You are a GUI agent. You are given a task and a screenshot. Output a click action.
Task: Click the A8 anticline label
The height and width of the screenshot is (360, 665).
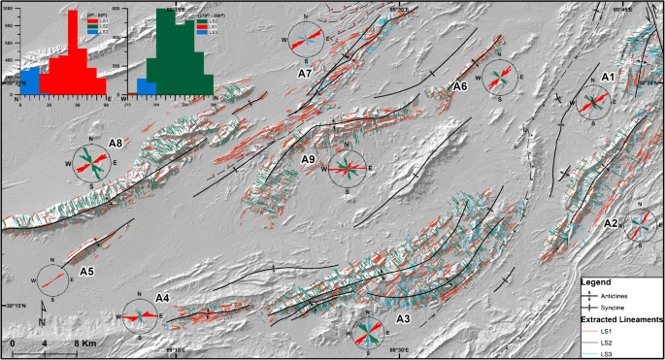116,144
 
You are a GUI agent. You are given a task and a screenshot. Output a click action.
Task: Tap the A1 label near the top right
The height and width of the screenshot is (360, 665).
609,76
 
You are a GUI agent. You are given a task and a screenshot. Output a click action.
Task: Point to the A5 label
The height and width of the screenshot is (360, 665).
86,271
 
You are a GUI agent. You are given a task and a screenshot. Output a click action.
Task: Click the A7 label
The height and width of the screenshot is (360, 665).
304,73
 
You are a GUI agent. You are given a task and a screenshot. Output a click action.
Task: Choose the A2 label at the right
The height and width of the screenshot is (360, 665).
612,224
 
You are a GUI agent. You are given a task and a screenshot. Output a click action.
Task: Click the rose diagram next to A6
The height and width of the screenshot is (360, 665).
501,78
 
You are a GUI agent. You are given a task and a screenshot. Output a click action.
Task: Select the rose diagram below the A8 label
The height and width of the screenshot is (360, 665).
93,161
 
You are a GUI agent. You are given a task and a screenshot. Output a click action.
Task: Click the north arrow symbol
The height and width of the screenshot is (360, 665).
42,313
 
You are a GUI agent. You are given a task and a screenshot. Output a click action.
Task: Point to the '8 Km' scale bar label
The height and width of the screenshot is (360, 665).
84,343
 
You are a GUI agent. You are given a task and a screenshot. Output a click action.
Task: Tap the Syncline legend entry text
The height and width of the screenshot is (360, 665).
618,307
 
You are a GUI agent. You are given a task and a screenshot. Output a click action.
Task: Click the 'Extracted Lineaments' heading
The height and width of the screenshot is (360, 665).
621,318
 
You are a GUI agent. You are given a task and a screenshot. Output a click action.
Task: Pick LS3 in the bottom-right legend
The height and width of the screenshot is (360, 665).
607,354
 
